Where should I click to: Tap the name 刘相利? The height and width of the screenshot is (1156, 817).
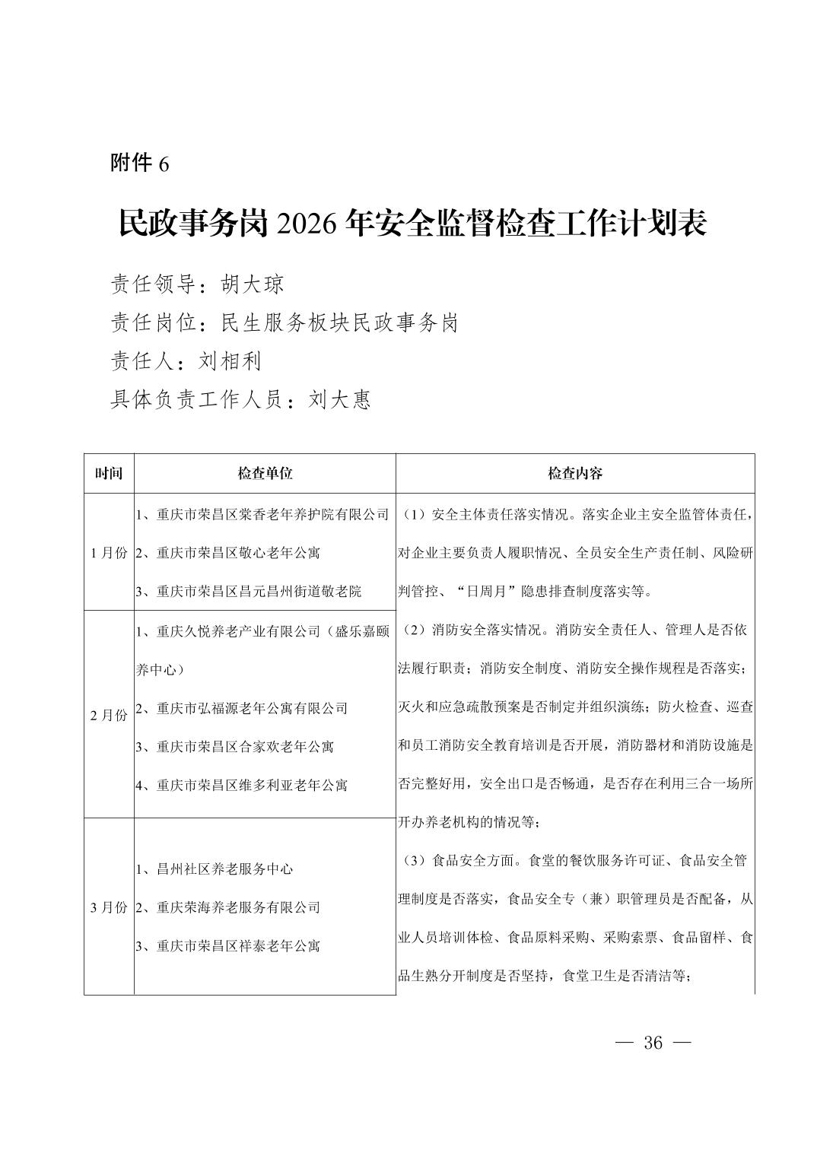point(230,360)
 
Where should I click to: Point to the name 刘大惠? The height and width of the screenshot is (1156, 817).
point(340,399)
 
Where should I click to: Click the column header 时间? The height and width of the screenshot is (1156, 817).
point(109,473)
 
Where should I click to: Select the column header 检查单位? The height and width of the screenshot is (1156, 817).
point(265,473)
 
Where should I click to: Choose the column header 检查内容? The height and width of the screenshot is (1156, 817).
point(575,473)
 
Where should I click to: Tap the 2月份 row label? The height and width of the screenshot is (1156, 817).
point(109,715)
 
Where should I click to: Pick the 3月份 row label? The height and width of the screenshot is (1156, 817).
point(109,907)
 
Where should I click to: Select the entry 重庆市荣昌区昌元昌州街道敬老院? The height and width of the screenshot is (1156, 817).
point(259,591)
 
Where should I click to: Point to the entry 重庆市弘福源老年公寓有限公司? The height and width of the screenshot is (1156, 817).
point(252,708)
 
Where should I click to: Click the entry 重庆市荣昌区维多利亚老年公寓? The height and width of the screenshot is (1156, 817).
point(252,785)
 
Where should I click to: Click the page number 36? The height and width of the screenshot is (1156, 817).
point(653,1042)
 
